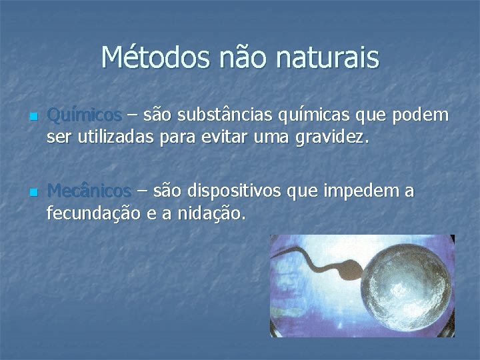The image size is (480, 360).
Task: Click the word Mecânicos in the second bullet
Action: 89,191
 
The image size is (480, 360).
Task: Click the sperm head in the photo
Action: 352,275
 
